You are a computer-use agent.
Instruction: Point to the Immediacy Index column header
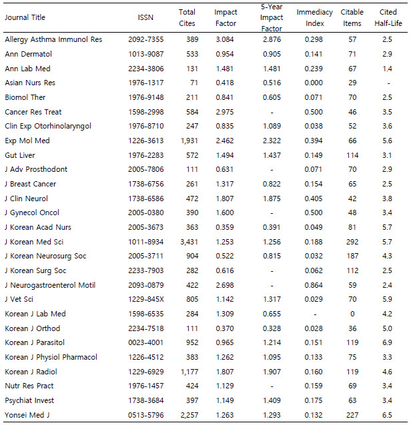311,18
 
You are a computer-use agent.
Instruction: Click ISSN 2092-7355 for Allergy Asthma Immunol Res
145,40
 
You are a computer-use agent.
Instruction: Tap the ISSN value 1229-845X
145,299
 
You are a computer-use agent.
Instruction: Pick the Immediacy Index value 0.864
311,284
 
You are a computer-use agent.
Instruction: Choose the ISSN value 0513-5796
145,414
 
